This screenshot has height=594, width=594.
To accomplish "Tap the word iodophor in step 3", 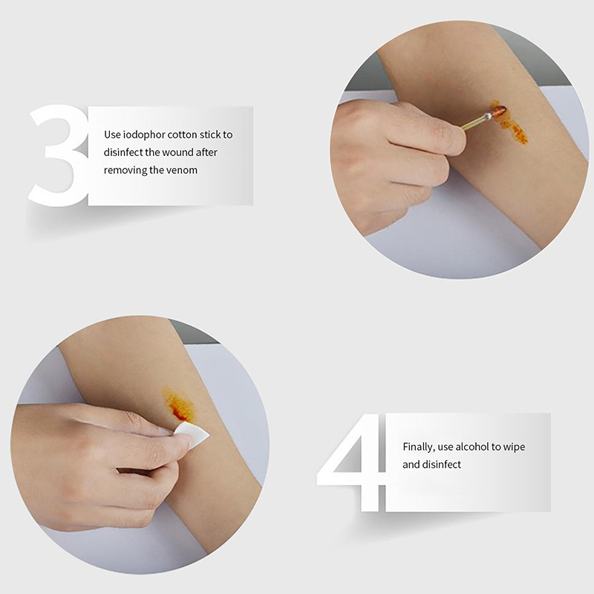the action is point(144,135).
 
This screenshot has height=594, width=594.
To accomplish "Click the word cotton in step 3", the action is point(182,135).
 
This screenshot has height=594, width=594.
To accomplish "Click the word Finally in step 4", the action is point(419,448).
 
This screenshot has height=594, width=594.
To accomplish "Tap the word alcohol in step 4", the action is point(472,447).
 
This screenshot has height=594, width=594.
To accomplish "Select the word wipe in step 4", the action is point(514,448).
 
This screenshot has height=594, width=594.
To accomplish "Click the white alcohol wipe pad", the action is point(193,434).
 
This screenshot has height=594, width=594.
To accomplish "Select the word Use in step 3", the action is point(113,135).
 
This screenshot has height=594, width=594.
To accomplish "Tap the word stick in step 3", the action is point(210,135).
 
